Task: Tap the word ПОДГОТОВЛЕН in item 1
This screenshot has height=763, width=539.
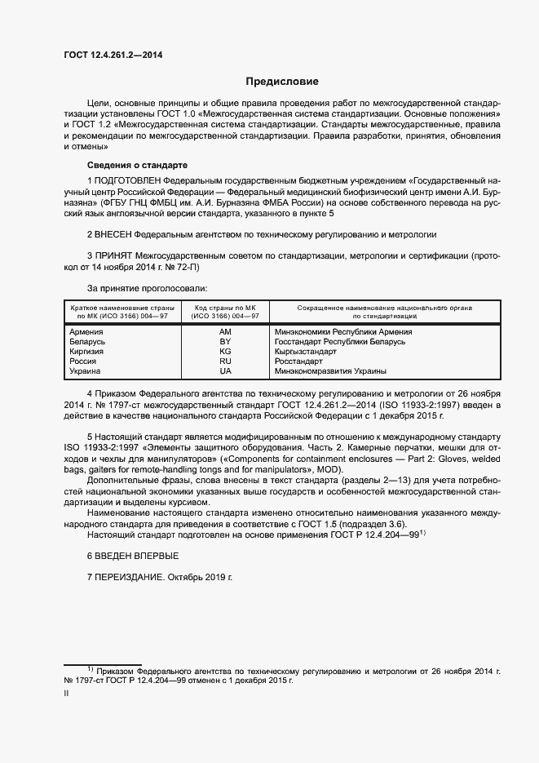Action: coord(127,179)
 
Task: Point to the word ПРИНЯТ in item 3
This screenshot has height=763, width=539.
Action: coord(114,255)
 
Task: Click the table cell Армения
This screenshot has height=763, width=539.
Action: coord(86,332)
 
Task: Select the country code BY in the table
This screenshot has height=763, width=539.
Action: coord(225,342)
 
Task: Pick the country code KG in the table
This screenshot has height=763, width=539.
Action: coord(225,352)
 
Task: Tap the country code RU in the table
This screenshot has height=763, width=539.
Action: coord(225,362)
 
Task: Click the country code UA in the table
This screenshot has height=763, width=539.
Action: coord(225,371)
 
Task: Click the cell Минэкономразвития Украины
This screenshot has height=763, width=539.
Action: coord(325,371)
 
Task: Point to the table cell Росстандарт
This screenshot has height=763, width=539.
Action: coord(299,362)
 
